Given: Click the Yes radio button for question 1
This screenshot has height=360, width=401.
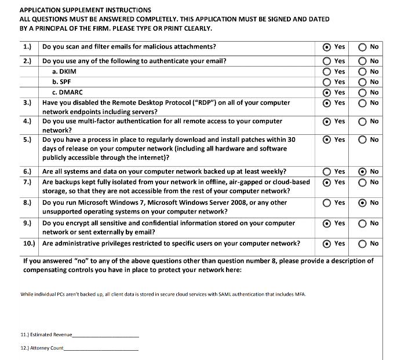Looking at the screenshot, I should click(x=327, y=47).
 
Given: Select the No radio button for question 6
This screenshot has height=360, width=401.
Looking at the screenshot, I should click(x=362, y=171).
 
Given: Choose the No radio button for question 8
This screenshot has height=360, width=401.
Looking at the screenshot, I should click(x=362, y=203).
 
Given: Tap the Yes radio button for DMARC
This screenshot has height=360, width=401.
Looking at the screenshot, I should click(x=327, y=92).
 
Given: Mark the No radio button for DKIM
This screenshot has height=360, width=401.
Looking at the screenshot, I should click(x=362, y=71).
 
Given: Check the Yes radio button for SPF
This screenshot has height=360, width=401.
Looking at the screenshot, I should click(x=327, y=82).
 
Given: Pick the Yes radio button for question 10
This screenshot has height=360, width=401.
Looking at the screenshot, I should click(x=327, y=244).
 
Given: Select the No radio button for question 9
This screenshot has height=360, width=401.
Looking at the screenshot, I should click(x=362, y=223).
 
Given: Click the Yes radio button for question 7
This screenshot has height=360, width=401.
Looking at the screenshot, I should click(x=327, y=182).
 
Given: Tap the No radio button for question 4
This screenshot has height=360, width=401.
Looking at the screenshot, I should click(x=362, y=122).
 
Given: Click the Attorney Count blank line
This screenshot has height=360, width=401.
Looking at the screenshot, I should click(x=101, y=349).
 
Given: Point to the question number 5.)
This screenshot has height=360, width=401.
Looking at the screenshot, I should click(x=27, y=139).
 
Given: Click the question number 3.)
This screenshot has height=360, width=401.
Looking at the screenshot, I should click(x=27, y=102).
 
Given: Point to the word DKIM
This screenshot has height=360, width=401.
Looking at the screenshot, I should click(x=67, y=71).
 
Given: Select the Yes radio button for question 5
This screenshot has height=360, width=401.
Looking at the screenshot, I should click(x=327, y=139).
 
